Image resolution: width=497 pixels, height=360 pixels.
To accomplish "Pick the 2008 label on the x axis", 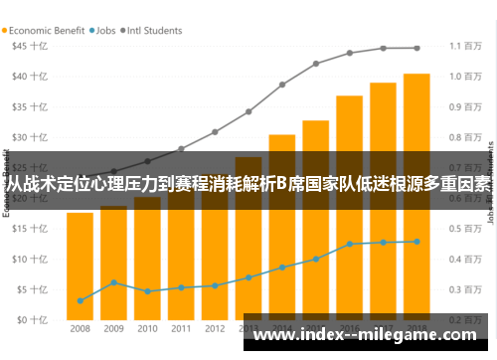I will [x=81, y=329].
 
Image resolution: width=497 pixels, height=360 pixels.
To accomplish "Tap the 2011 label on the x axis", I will [x=181, y=329].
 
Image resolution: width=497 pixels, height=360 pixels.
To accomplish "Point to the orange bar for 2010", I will [x=147, y=259].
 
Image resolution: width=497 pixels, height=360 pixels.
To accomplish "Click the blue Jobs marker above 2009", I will [x=114, y=282].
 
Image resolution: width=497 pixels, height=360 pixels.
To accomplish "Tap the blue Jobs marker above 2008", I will [x=81, y=300].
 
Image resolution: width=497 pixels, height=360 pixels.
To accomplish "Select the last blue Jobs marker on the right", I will [x=416, y=242].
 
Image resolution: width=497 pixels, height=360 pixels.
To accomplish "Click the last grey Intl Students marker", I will [x=416, y=48].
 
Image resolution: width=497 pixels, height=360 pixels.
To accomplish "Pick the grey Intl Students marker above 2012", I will [x=215, y=131].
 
